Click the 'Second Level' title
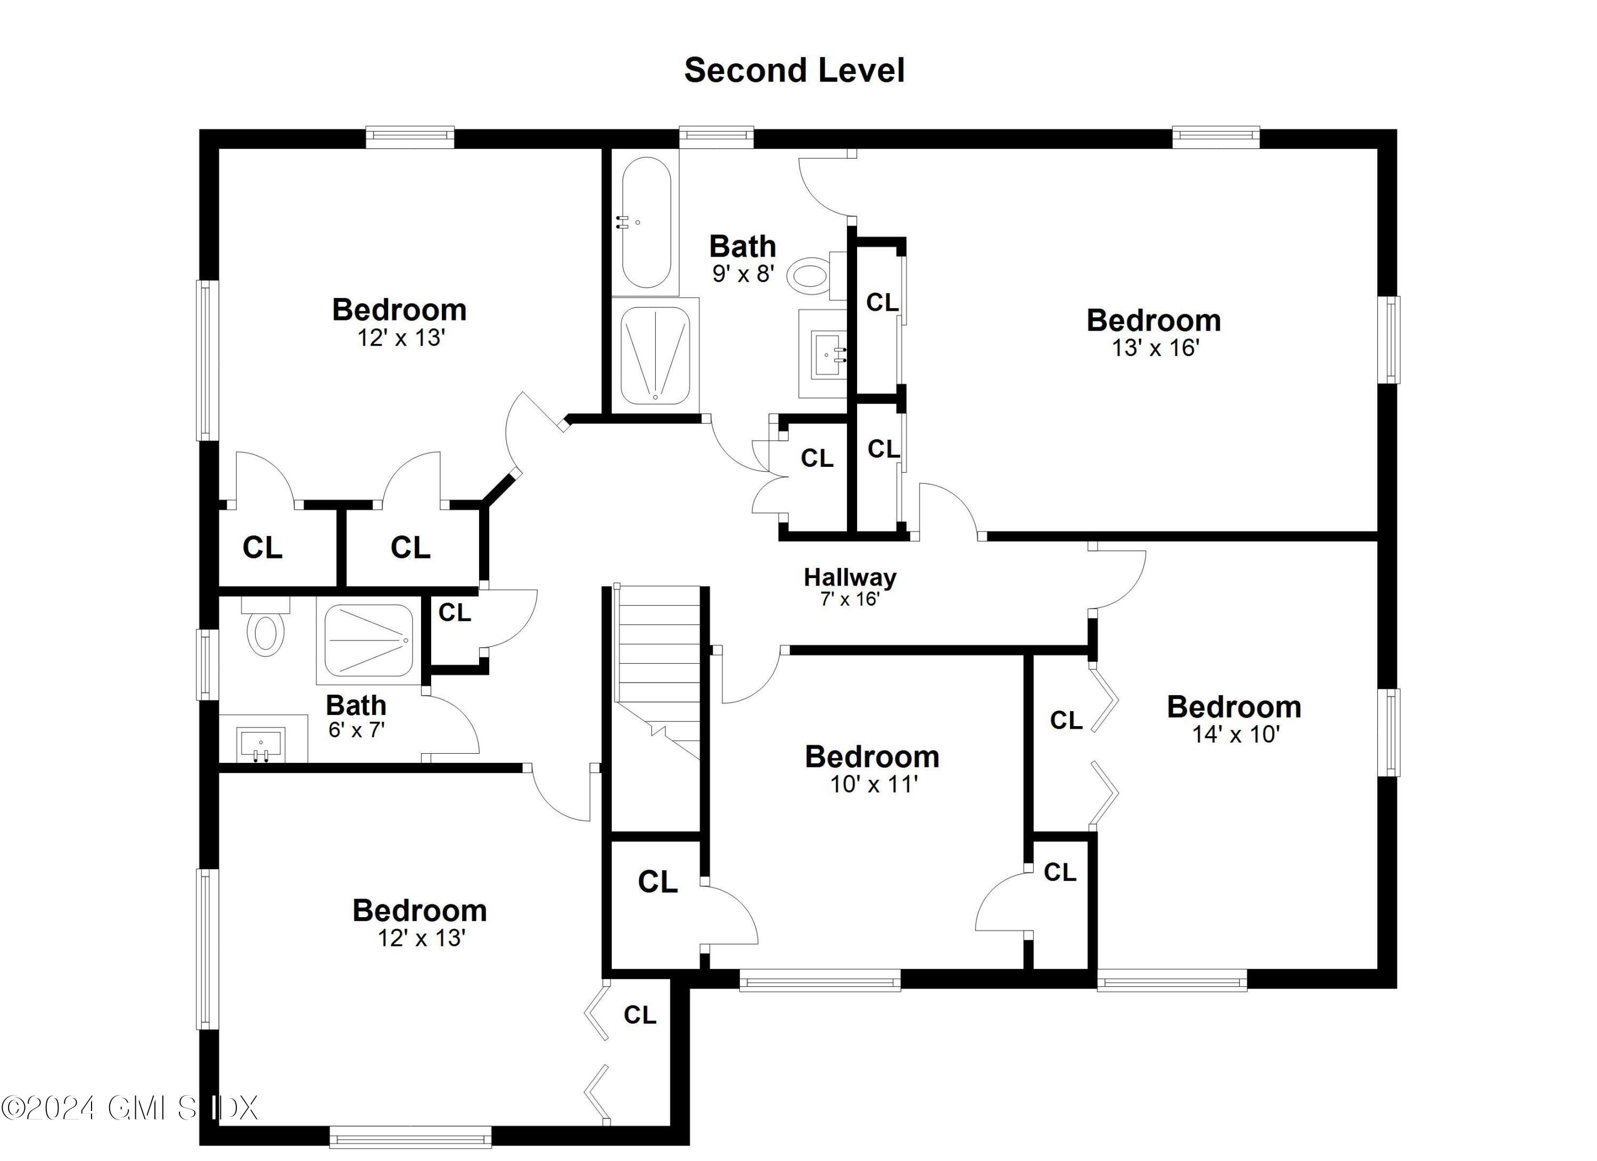[794, 70]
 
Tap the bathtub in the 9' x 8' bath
[646, 222]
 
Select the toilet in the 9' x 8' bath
[810, 275]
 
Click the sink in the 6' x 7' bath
[260, 744]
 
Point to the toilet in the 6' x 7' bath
[266, 630]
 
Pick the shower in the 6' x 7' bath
[368, 641]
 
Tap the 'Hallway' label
[850, 578]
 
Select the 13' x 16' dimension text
[1155, 348]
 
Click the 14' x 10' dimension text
[1235, 734]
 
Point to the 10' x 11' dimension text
[873, 784]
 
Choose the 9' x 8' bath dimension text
[743, 273]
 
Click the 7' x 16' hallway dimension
[850, 599]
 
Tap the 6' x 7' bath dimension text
[356, 730]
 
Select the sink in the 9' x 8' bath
[824, 354]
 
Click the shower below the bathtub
[655, 356]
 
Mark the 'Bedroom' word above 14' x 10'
[1233, 707]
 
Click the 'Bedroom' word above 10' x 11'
[872, 757]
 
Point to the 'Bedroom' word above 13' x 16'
[1154, 320]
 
